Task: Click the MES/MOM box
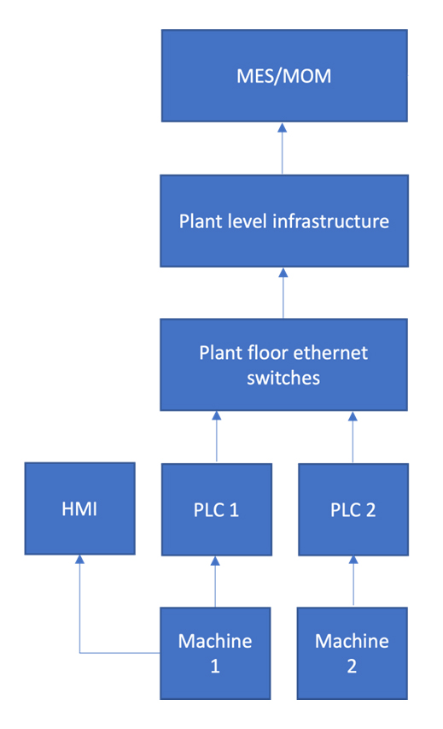click(284, 76)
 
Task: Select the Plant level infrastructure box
click(284, 220)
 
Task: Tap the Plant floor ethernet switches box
click(283, 365)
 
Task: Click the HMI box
click(80, 509)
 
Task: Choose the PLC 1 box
click(217, 509)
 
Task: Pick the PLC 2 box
click(353, 509)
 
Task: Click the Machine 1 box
click(215, 653)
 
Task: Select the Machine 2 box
click(353, 653)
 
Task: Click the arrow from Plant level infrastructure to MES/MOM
click(282, 149)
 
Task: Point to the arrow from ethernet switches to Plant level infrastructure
click(283, 293)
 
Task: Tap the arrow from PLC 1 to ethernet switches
click(217, 437)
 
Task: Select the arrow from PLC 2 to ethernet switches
click(353, 437)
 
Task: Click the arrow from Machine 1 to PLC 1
click(215, 582)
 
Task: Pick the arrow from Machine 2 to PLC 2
click(353, 580)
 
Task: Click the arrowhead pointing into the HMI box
click(80, 560)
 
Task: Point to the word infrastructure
click(330, 220)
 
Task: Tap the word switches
click(283, 378)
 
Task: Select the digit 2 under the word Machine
click(352, 667)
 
